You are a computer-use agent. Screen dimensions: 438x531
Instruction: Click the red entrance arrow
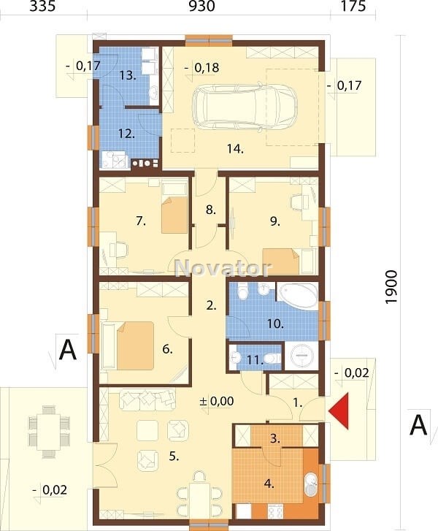[x=339, y=411]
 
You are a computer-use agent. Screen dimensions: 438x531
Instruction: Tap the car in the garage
[x=245, y=106]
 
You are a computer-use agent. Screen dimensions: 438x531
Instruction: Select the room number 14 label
[x=235, y=148]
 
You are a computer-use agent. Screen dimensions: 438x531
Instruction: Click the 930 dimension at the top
[x=201, y=6]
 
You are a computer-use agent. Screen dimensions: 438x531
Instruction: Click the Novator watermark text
[x=223, y=268]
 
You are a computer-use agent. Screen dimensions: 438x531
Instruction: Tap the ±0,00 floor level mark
[x=217, y=401]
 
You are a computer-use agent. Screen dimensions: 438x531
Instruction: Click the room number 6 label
[x=167, y=348]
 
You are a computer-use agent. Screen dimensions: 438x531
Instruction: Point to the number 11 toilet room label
[x=255, y=360]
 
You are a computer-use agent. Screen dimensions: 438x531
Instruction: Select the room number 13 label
[x=128, y=75]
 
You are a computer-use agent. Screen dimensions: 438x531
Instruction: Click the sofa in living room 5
[x=147, y=400]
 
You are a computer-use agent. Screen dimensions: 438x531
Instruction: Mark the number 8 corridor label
[x=210, y=210]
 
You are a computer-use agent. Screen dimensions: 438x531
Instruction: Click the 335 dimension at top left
[x=42, y=6]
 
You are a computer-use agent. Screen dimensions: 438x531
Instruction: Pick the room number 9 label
[x=275, y=221]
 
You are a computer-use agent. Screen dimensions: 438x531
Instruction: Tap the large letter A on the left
[x=68, y=351]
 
